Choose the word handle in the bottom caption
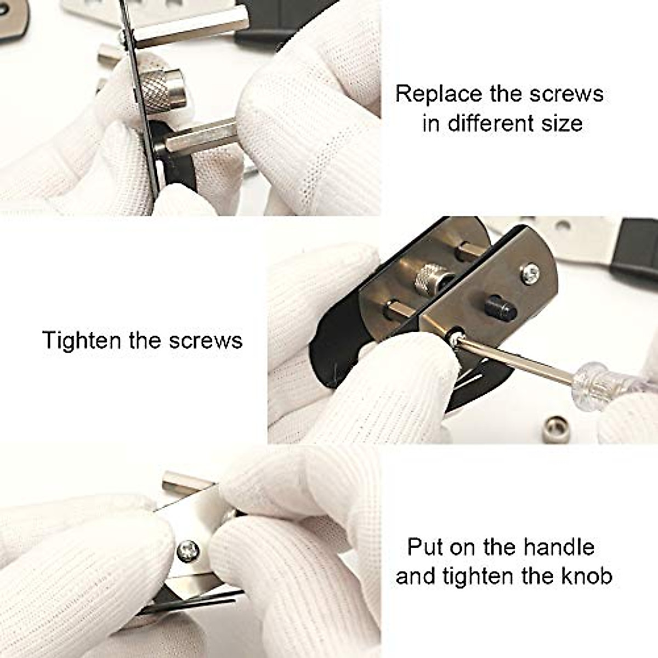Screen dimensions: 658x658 click(559, 547)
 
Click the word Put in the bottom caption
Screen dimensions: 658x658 click(424, 547)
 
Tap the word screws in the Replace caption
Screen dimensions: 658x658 click(566, 94)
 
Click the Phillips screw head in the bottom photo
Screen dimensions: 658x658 click(188, 549)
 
